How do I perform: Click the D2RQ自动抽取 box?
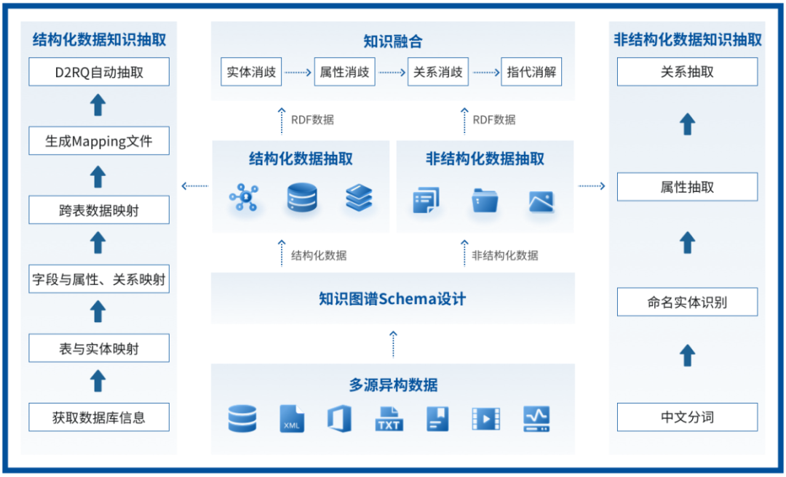point(99,72)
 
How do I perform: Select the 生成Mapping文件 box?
point(99,141)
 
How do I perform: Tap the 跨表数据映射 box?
point(99,211)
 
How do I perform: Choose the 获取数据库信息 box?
point(99,417)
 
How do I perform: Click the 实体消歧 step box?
point(251,72)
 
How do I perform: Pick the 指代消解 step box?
point(531,72)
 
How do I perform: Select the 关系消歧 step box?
point(437,72)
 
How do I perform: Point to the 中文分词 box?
point(687,417)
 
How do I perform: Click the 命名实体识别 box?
point(687,302)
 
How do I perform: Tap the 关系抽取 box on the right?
point(687,72)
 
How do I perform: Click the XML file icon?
point(292,419)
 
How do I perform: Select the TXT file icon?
point(389,419)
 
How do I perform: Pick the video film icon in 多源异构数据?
point(485,419)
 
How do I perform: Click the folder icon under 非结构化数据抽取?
point(484,200)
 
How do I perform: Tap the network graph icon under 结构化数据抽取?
point(243,198)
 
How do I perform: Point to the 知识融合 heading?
point(393,41)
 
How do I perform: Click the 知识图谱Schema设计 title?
point(392,298)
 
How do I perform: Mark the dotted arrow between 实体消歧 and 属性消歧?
point(297,73)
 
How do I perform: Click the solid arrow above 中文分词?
point(687,356)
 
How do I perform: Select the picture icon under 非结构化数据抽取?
point(541,201)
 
